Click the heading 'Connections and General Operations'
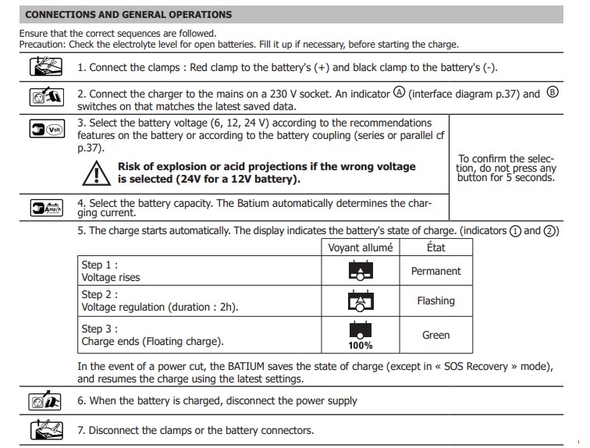point(129,14)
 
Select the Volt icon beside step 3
point(45,130)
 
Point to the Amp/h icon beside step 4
point(45,207)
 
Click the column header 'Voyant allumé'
point(362,248)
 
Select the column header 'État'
point(435,248)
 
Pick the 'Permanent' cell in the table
point(435,271)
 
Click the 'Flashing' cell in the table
point(435,300)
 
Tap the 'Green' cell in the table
point(435,335)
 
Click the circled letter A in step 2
point(400,93)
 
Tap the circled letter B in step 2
point(553,93)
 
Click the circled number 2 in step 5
point(551,231)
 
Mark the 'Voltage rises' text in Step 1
point(111,277)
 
